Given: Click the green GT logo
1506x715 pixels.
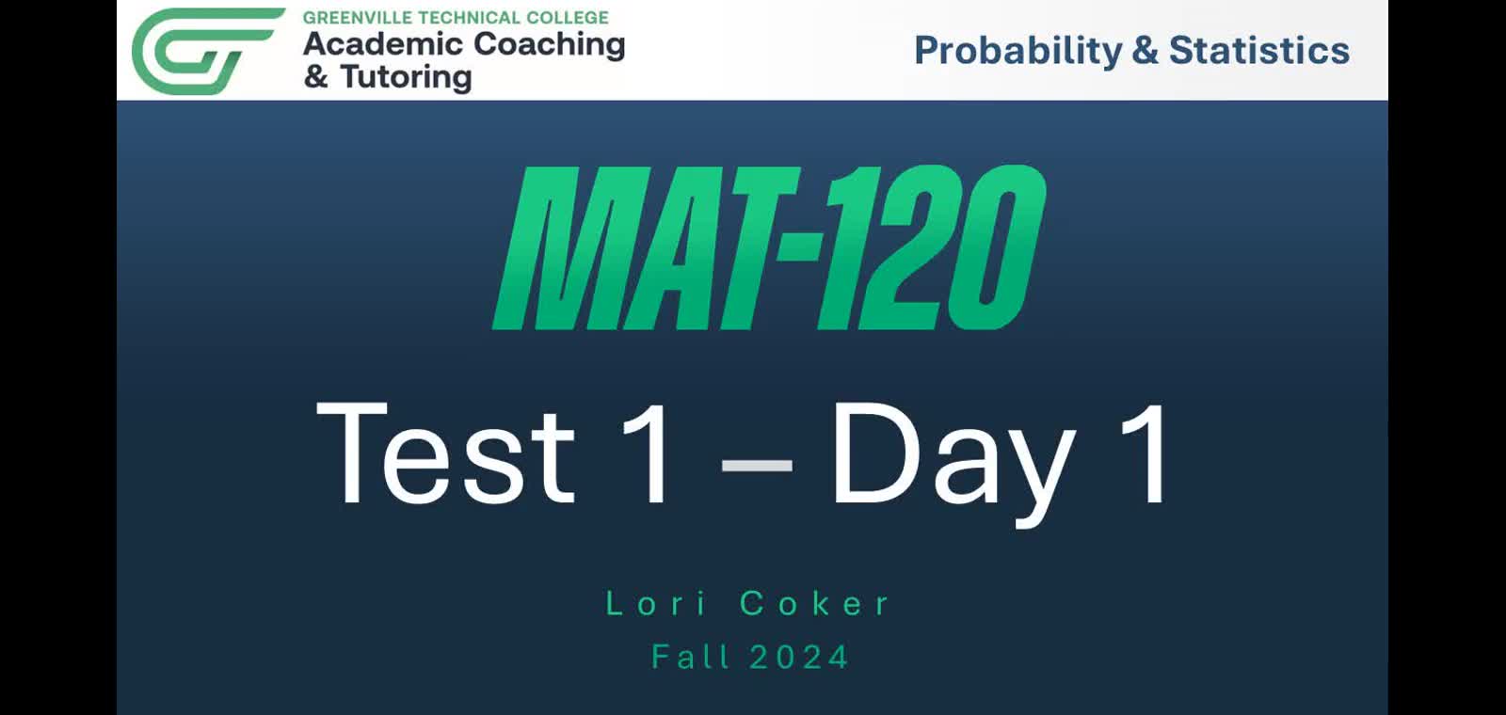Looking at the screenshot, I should pos(205,51).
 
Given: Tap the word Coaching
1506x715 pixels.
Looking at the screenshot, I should pos(549,45).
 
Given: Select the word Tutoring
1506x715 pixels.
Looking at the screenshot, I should pos(406,77).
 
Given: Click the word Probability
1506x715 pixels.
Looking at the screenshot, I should pos(1017,51).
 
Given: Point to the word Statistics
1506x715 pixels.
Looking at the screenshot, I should pos(1258,51).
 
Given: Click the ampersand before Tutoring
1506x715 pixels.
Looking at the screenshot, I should pos(316,76).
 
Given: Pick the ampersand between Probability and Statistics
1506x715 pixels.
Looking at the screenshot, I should pos(1144,51).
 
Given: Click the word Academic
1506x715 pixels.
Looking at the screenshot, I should pos(383,44).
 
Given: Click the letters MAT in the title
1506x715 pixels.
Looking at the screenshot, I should pos(649,248).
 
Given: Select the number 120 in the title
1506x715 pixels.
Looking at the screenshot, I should pos(932,248).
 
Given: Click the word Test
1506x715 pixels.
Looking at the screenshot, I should pos(445,453).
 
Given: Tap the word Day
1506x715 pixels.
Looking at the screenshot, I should pos(953,455).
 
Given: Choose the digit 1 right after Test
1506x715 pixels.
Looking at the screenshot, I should pos(649,453).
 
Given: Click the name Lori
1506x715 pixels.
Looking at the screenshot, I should pos(655,603).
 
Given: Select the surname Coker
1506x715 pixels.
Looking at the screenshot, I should pos(814,603).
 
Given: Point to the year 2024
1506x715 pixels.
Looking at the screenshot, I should pos(799,657).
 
